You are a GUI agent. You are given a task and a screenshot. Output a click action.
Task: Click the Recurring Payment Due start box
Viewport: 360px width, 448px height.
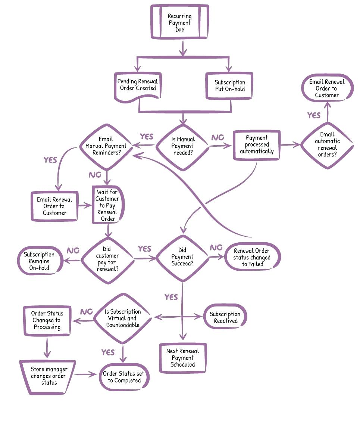coord(180,22)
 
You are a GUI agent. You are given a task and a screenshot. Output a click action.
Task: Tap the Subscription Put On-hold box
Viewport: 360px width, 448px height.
coord(230,86)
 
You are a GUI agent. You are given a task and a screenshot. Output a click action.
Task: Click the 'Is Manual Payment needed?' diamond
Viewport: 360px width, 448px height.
coord(182,146)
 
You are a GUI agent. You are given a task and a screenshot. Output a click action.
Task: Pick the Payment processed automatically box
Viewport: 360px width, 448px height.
coord(257,145)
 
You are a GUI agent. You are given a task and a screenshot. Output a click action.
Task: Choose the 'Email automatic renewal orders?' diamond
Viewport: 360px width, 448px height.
coord(327,144)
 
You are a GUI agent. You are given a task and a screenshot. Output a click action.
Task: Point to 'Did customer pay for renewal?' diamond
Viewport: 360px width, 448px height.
coord(107,258)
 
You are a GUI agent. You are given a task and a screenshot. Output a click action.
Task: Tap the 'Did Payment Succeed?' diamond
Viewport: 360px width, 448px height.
coord(182,257)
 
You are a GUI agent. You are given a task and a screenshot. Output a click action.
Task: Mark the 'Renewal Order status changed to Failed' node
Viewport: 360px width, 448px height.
coord(252,257)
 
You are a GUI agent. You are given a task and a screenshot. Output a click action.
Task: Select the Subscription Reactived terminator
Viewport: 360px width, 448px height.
coord(225,317)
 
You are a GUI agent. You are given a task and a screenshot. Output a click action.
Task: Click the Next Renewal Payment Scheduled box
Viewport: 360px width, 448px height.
coord(183,358)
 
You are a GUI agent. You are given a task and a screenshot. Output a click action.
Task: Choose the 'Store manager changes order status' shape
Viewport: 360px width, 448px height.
coord(48,376)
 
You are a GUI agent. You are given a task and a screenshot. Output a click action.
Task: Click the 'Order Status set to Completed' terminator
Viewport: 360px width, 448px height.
coord(124,377)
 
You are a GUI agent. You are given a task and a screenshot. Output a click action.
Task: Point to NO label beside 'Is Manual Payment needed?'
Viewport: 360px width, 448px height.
coord(217,138)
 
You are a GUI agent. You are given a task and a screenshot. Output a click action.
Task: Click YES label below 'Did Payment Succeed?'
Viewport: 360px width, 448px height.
coord(171,297)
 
